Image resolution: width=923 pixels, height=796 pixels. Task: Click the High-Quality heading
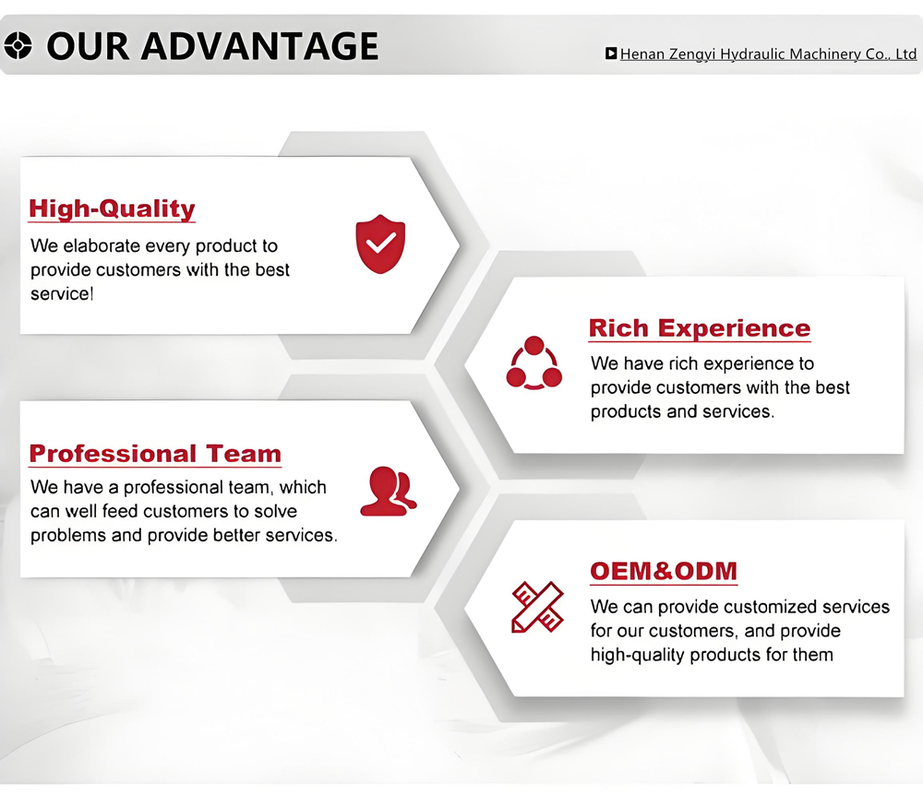[x=112, y=208]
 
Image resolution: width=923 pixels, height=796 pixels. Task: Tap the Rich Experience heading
[x=700, y=328]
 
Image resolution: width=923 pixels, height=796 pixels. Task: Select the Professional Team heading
[x=155, y=454]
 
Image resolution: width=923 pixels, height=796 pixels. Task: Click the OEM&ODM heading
[x=664, y=571]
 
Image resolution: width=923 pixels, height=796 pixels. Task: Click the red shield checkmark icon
[x=380, y=244]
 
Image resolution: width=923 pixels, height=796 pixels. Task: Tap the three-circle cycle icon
[x=533, y=362]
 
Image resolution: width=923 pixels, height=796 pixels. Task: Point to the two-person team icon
[x=388, y=492]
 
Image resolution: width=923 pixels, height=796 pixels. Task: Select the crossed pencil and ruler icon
[x=537, y=607]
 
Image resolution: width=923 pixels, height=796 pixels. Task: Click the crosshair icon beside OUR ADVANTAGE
[x=18, y=46]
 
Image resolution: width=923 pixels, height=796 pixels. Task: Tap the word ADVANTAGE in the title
[x=259, y=46]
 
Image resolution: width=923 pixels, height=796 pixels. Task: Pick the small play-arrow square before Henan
[x=611, y=53]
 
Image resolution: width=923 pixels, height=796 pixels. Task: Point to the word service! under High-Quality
[x=62, y=293]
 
